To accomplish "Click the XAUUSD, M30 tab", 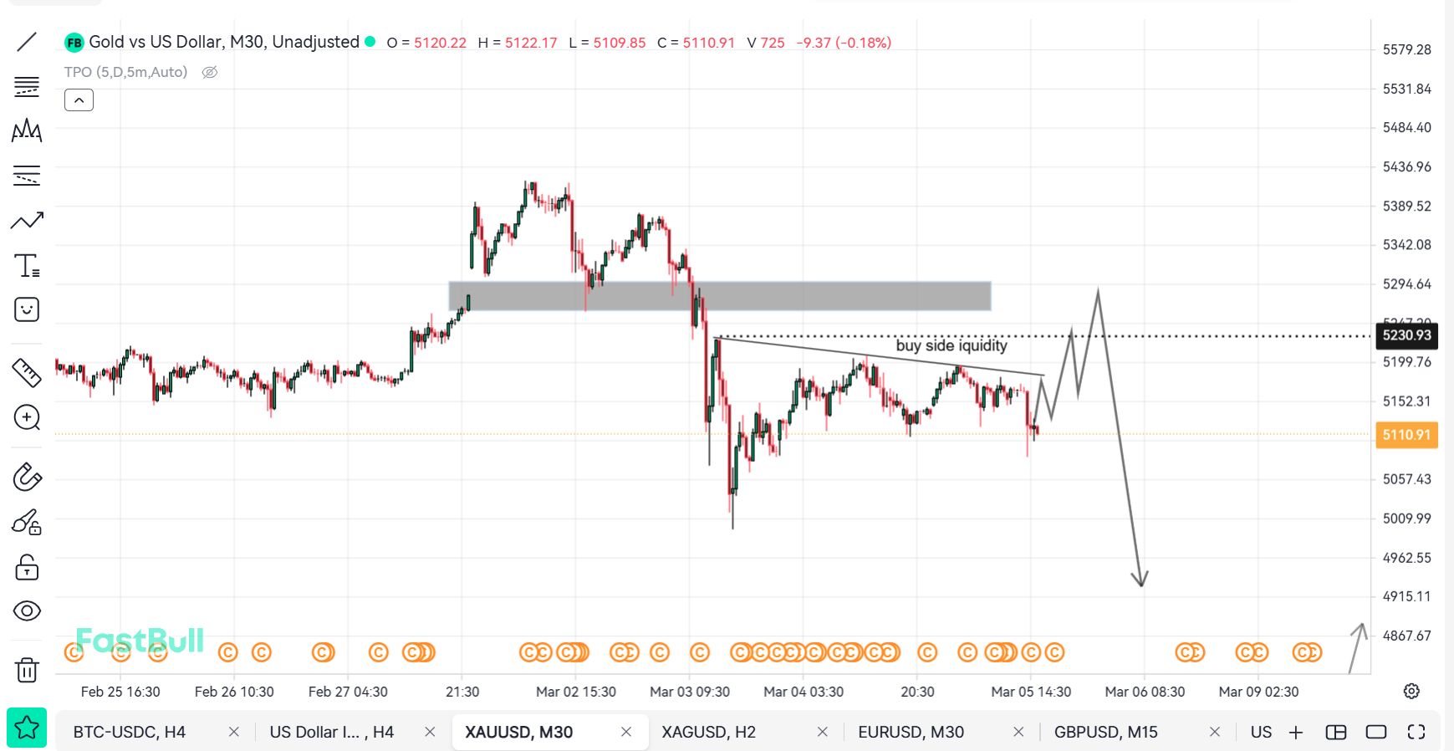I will [x=518, y=732].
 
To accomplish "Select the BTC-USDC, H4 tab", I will [x=129, y=732].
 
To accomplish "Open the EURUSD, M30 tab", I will [x=911, y=732].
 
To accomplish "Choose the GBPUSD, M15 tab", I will [x=1105, y=732].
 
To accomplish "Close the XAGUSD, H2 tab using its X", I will [x=823, y=732].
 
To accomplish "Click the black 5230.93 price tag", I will [x=1406, y=335].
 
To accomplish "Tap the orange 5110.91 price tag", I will [x=1406, y=435].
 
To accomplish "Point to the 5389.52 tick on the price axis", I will [x=1406, y=206].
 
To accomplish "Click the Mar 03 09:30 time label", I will [x=690, y=692].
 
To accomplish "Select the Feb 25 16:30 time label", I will [x=120, y=692].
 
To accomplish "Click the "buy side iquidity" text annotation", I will [x=951, y=345].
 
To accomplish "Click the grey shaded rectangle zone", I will [x=719, y=296].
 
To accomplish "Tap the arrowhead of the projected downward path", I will [x=1140, y=580].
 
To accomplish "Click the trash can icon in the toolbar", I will [x=27, y=669].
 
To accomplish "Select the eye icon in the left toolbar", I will [x=27, y=611].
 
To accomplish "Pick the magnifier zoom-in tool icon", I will [x=27, y=417].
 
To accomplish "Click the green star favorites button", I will [x=27, y=728].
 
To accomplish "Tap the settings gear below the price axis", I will [x=1411, y=691].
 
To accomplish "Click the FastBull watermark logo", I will [x=140, y=641].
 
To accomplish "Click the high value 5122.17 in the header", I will [x=530, y=43].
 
